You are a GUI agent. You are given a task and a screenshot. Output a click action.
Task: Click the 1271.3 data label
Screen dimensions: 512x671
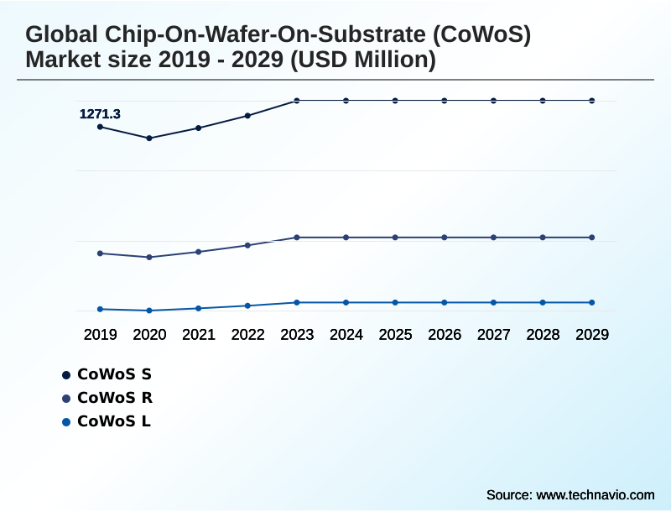tap(100, 114)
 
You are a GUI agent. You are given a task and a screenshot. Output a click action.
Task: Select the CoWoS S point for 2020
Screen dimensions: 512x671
tap(149, 138)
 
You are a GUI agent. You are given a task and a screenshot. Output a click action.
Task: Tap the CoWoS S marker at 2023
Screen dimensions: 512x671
tap(297, 101)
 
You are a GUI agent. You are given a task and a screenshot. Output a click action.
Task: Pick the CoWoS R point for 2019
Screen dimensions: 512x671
tap(100, 253)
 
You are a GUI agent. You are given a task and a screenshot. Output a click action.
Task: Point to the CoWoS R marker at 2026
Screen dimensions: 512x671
tap(445, 238)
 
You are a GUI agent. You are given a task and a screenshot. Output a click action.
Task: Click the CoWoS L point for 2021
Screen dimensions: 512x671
tap(199, 308)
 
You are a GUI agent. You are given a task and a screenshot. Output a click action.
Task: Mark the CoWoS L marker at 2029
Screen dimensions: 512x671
tap(591, 302)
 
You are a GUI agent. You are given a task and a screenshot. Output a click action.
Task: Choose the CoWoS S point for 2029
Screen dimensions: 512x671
tap(591, 101)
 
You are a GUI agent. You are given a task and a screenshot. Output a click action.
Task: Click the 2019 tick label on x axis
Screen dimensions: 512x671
tap(100, 335)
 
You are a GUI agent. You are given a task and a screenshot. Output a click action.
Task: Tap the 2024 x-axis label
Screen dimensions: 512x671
tap(346, 335)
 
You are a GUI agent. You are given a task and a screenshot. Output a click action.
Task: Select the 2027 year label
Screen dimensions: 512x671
tap(493, 335)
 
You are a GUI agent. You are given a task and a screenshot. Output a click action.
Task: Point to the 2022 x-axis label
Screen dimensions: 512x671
tap(247, 335)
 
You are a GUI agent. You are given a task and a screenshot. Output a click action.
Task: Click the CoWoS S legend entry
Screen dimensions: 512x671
tap(107, 374)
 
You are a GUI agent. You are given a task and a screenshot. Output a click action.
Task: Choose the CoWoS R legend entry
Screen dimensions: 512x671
tap(107, 398)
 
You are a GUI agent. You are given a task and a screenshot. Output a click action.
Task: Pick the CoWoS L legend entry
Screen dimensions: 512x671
tap(107, 421)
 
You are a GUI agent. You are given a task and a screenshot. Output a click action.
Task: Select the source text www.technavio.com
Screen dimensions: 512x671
tap(595, 494)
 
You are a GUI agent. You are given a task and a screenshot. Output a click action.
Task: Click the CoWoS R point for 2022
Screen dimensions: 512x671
tap(247, 245)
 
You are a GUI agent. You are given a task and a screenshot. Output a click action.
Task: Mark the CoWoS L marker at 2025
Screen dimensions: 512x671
tap(395, 302)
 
